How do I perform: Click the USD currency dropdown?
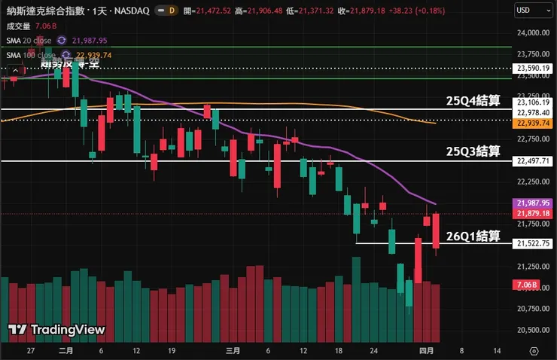pos(533,11)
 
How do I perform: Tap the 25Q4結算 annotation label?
pos(473,101)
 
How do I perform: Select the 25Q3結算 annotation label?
pos(473,151)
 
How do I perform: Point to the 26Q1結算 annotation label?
pos(473,236)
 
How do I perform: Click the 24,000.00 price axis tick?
pos(532,32)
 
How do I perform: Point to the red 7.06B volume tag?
pos(527,285)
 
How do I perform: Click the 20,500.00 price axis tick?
pos(532,330)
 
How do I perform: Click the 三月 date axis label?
pos(233,351)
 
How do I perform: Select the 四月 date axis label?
pos(427,351)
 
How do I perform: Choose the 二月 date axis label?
pos(65,351)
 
